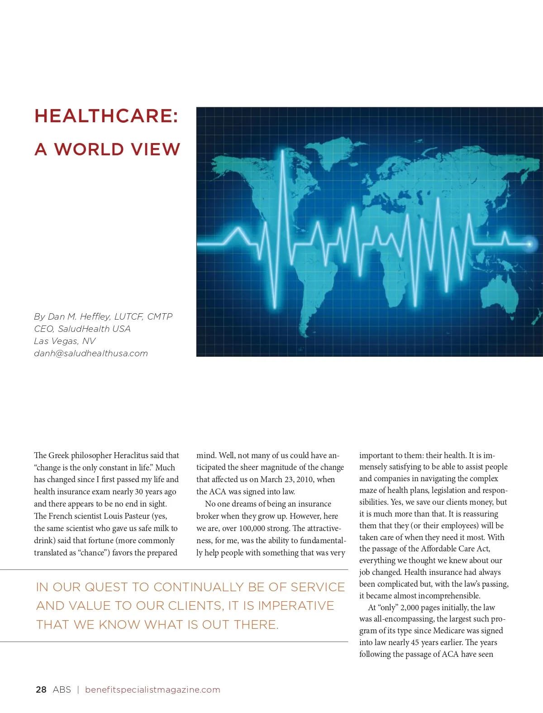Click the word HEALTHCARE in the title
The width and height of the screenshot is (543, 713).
click(x=106, y=116)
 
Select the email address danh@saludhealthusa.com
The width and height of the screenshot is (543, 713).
click(x=91, y=353)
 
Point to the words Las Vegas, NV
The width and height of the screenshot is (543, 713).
click(x=65, y=341)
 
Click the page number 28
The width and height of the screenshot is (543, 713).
click(x=41, y=689)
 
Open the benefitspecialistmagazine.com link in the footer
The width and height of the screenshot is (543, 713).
click(x=152, y=689)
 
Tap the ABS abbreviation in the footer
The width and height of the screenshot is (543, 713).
click(x=62, y=689)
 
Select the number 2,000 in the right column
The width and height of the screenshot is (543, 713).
click(x=410, y=608)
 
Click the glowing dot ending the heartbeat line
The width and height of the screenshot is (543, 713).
click(x=530, y=244)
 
